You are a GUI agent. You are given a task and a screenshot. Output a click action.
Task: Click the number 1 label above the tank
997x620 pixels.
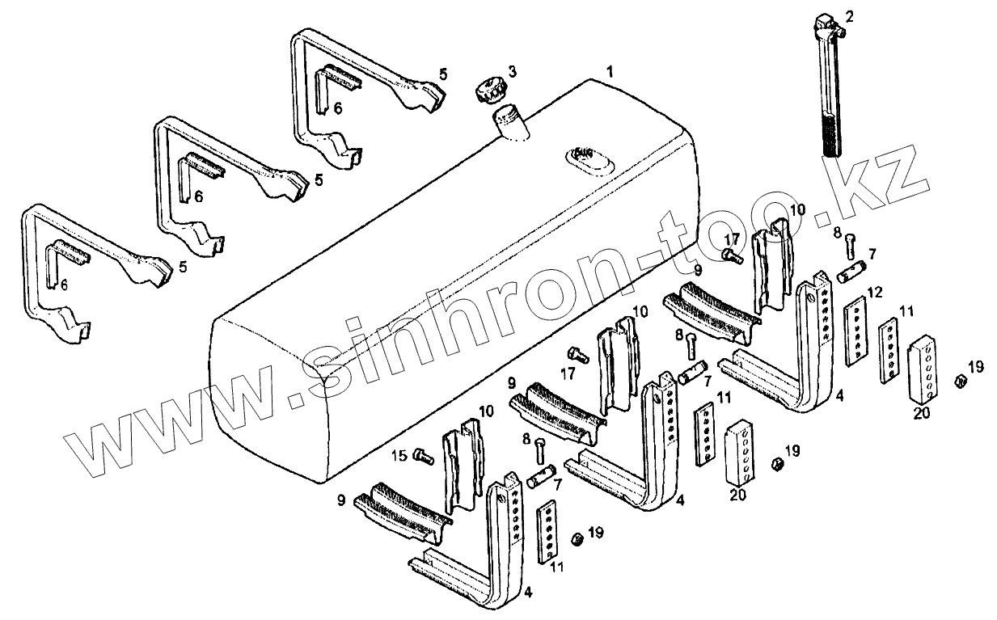pos(610,71)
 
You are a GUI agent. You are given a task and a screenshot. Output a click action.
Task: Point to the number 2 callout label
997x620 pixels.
pos(849,15)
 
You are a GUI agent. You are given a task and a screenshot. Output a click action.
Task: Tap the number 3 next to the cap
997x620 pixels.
pos(512,72)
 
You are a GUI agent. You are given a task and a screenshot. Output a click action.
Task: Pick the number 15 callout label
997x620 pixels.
pos(399,457)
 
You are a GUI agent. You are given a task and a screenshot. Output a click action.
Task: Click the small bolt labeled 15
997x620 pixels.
pos(422,457)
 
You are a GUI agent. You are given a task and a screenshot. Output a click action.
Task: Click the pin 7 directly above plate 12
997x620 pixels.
pos(854,272)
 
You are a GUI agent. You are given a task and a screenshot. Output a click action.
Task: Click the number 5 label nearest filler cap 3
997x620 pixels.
pos(442,74)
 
